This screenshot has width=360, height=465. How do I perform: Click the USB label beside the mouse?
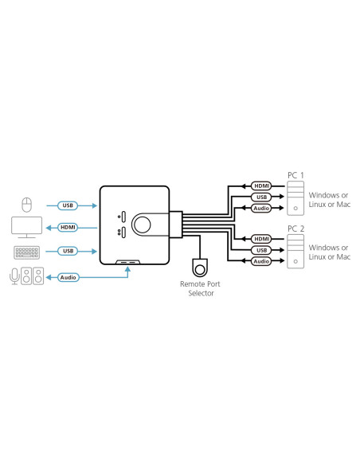pos(69,205)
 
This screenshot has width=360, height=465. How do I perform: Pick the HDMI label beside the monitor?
pos(69,228)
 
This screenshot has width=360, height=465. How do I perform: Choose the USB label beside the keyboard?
pos(69,252)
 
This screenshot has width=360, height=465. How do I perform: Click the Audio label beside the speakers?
pos(69,277)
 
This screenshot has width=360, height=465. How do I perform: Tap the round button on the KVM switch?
pos(143,224)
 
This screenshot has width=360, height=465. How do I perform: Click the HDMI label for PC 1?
pos(260,186)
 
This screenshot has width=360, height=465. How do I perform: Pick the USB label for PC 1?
pos(260,197)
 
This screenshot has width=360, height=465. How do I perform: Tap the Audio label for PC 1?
pos(260,208)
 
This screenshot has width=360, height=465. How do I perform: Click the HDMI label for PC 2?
pos(260,238)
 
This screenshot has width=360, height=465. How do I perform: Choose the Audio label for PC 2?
pos(260,261)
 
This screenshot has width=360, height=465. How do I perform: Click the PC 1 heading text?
pos(295,174)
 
